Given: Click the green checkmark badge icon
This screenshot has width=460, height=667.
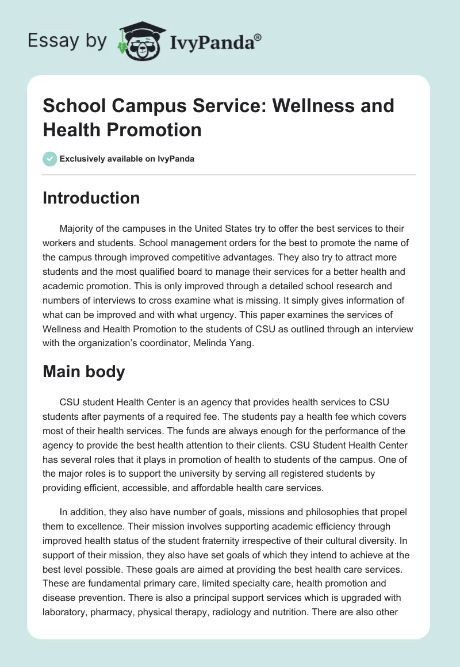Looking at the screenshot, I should [x=50, y=159].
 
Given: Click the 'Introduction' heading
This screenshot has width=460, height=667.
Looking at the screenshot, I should [x=91, y=198].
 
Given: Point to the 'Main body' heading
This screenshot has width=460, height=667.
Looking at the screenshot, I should [x=84, y=371].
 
